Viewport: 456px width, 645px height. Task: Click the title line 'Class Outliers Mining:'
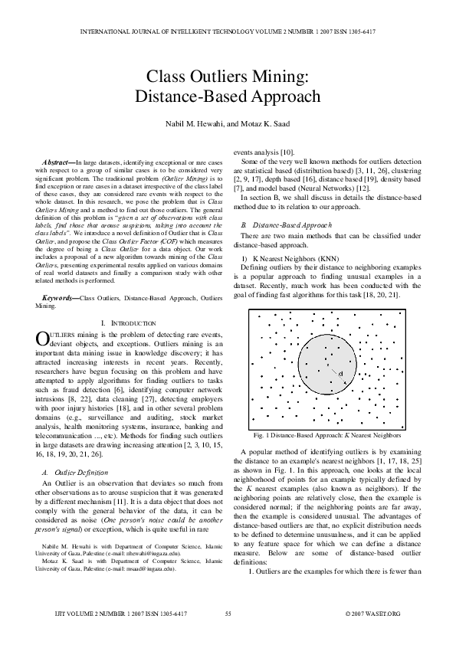pos(228,77)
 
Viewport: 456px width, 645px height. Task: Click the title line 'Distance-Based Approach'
pos(228,97)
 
